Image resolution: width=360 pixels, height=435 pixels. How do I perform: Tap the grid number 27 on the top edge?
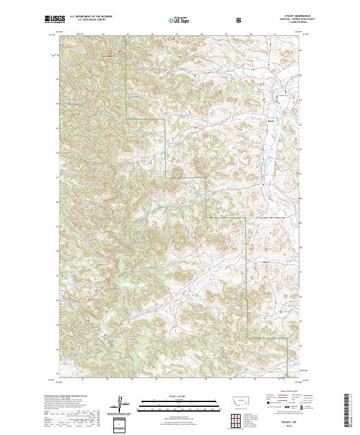(x=178, y=34)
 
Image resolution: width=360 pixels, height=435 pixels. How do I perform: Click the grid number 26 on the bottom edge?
(x=155, y=379)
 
